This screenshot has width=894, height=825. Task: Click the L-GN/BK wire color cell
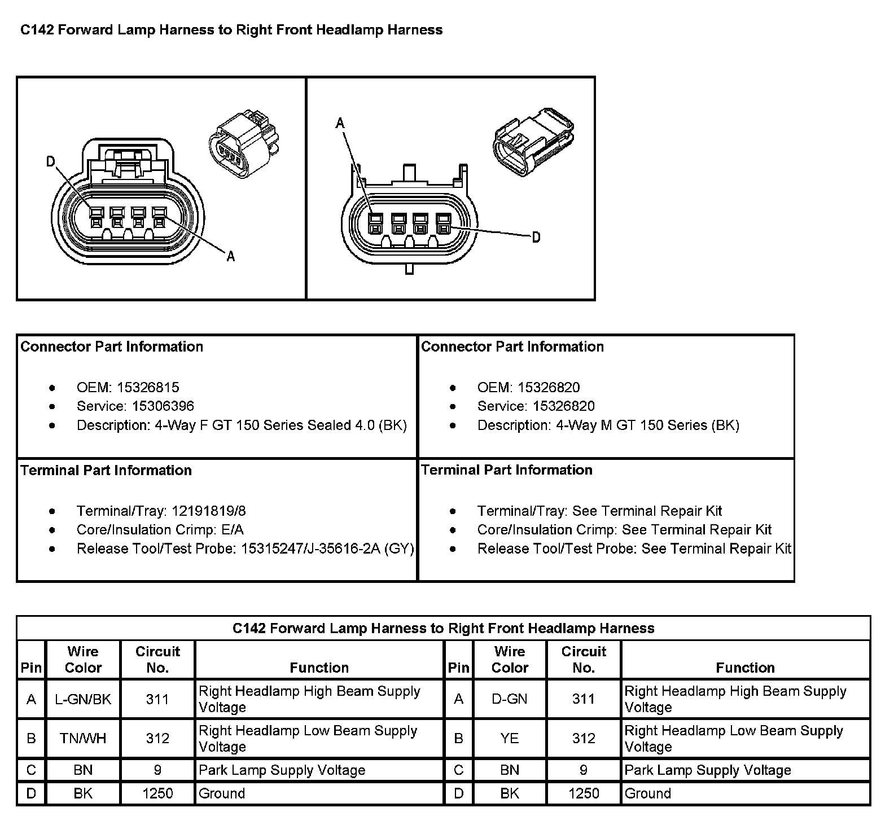coord(83,699)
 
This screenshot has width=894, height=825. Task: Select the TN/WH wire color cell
coord(83,738)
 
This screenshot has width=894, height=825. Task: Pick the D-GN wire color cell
coord(509,699)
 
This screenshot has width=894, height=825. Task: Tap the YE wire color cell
coord(509,738)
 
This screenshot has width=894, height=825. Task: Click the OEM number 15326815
coord(148,387)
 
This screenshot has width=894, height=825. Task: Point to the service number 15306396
coord(163,406)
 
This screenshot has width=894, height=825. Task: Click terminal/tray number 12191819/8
coord(209,511)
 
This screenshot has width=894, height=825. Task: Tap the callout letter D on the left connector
coord(51,163)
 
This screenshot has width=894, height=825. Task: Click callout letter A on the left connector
coord(230,257)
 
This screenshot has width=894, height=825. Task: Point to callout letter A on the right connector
coord(340,122)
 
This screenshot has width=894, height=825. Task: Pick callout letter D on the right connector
coord(536,238)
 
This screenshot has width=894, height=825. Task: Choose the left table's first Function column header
coord(319,668)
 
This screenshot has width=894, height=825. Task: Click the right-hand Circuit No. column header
coord(584,659)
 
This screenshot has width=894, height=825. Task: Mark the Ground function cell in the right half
coord(648,793)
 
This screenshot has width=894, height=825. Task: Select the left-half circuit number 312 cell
coord(157,738)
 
